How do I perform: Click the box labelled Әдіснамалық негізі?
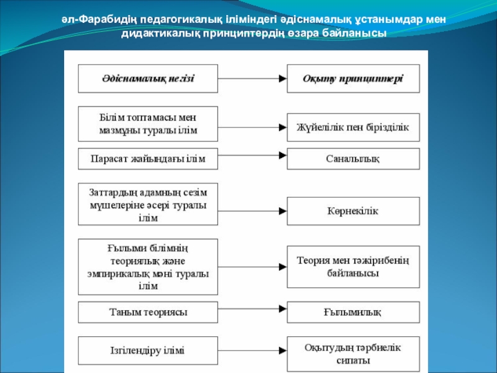(x=148, y=78)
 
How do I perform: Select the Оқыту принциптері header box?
(x=353, y=78)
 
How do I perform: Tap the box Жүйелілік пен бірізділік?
(x=353, y=127)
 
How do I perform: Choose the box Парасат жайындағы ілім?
(x=148, y=159)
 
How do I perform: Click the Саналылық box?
(x=353, y=159)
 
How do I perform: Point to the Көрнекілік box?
(x=353, y=211)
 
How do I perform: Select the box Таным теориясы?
(x=148, y=311)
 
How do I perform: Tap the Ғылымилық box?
(x=353, y=311)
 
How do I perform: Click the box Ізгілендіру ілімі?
(x=148, y=351)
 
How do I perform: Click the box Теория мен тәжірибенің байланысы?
(x=353, y=266)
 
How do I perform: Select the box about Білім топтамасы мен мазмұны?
(x=148, y=124)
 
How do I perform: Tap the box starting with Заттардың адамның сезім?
(x=148, y=203)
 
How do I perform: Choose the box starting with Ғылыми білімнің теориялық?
(x=148, y=267)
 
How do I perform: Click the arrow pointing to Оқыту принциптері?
(x=252, y=78)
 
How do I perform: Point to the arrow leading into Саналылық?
(x=252, y=159)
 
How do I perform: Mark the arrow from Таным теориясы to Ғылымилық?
(x=252, y=311)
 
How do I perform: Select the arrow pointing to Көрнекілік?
(x=252, y=211)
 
